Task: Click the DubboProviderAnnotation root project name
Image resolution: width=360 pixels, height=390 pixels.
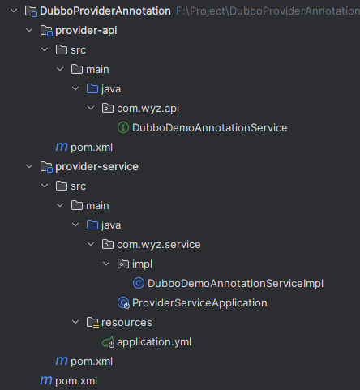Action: [x=105, y=11]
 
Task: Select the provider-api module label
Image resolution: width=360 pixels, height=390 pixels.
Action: [x=86, y=31]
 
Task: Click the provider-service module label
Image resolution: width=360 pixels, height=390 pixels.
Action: [x=96, y=167]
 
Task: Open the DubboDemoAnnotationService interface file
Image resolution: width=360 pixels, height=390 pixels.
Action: [x=209, y=128]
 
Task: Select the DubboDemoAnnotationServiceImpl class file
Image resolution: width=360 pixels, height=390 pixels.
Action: [x=235, y=284]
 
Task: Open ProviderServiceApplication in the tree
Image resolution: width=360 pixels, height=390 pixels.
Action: [x=199, y=303]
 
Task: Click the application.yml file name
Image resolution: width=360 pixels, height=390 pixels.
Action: [x=154, y=342]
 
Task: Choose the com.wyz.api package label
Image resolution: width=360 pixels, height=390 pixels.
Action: [x=148, y=109]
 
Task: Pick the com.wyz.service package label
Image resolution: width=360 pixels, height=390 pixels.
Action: [x=159, y=245]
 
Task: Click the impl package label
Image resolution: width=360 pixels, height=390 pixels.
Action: [x=142, y=264]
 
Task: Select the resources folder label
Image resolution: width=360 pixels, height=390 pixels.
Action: [x=126, y=323]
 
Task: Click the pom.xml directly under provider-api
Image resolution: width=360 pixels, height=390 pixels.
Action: [x=92, y=148]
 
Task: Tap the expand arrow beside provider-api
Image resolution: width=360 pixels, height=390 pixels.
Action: [x=29, y=30]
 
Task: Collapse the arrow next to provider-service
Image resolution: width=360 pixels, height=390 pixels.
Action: [x=29, y=166]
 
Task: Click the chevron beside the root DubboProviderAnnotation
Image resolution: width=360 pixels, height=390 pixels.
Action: [x=14, y=11]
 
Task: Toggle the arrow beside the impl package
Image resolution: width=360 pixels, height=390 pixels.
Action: [x=106, y=264]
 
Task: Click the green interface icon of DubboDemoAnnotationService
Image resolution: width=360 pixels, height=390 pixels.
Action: [x=123, y=127]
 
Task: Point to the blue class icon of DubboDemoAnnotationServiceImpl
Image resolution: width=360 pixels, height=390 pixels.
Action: [x=139, y=283]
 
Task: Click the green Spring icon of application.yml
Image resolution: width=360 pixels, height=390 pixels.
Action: [x=108, y=342]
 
